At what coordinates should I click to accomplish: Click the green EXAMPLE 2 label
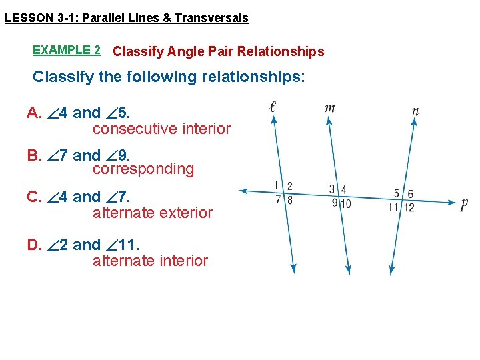point(67,50)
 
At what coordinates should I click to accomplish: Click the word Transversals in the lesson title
point(211,18)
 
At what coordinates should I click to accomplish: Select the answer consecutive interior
point(161,129)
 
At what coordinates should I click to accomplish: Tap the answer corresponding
point(143,169)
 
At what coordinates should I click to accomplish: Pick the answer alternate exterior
point(153,213)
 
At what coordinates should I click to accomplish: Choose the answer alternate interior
point(151,261)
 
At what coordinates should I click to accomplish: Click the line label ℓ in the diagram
point(274,107)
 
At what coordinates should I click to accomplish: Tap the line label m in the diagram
point(330,108)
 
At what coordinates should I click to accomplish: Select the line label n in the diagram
point(415,111)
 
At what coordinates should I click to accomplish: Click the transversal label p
point(464,205)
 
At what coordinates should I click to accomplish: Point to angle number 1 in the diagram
point(277,185)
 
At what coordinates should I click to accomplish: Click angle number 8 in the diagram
point(289,199)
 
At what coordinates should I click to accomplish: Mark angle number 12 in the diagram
point(409,207)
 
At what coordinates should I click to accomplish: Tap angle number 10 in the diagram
point(345,203)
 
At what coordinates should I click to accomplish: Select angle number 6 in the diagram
point(410,194)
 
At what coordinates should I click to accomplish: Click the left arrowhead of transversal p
point(243,191)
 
